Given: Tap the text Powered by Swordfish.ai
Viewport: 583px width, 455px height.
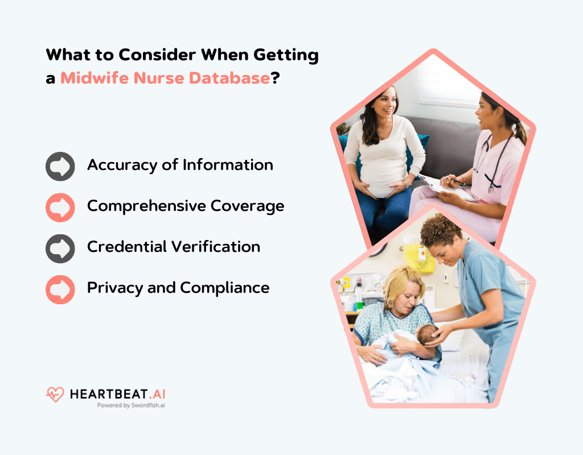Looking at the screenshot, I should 131,406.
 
